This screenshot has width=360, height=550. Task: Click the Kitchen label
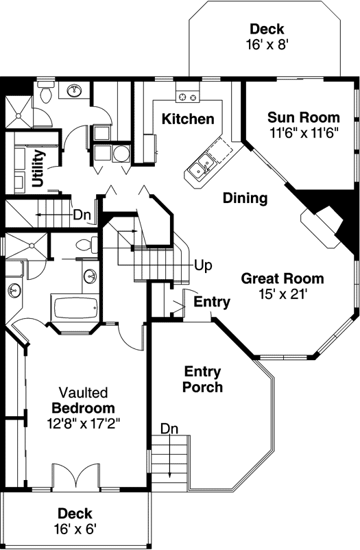click(188, 119)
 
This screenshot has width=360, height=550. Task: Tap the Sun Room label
click(304, 117)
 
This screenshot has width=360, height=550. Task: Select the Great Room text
click(283, 278)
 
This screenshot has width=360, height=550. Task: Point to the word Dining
click(245, 198)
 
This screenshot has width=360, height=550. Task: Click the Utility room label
click(38, 167)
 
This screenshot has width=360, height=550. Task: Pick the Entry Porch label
click(202, 379)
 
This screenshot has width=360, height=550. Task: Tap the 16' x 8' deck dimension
click(267, 45)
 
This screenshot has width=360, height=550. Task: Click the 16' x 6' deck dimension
click(75, 529)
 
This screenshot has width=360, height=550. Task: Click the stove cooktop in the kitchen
click(187, 97)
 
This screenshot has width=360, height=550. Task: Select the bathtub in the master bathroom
click(75, 308)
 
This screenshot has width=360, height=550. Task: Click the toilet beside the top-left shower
click(46, 92)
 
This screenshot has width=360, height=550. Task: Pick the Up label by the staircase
click(203, 265)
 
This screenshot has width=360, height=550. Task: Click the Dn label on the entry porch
click(169, 429)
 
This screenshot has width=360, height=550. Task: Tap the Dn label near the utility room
click(82, 215)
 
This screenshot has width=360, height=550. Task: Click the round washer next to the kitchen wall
click(121, 154)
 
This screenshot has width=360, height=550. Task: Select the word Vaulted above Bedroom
click(83, 392)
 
